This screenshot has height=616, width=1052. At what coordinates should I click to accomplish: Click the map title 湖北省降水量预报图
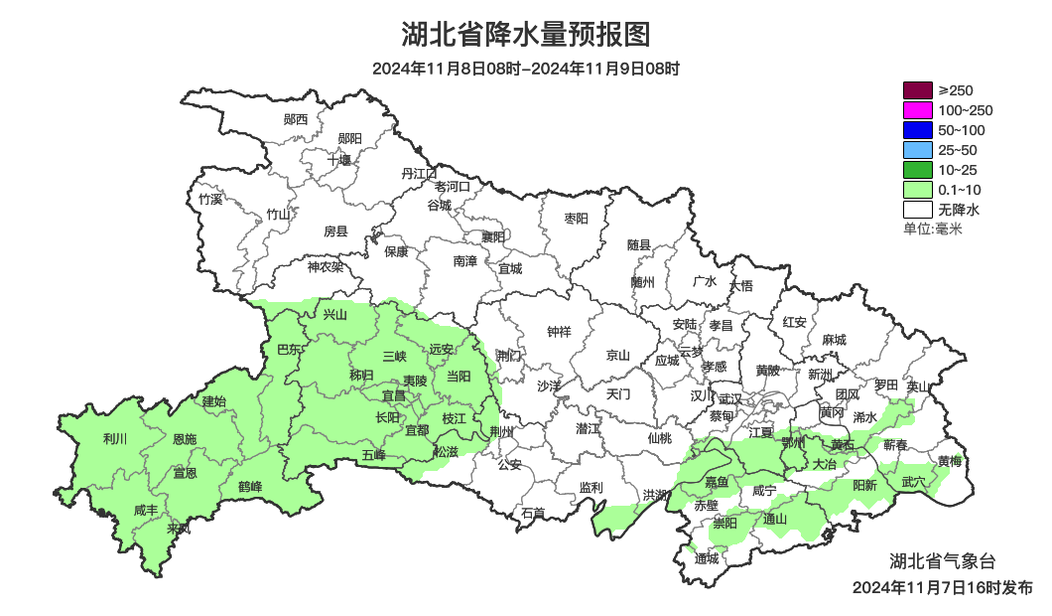[x=526, y=35]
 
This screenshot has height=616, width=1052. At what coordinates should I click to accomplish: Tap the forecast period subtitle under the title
[x=526, y=69]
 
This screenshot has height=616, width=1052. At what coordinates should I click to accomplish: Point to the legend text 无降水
[x=959, y=210]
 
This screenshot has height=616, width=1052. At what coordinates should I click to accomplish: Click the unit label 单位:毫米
[x=933, y=230]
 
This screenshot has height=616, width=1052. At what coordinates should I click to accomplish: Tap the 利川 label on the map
[x=115, y=438]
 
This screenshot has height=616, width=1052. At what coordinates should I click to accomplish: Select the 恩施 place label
[x=185, y=439]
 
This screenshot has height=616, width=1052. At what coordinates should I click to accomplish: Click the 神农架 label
[x=325, y=266]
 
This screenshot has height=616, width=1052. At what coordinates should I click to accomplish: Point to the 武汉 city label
[x=730, y=397]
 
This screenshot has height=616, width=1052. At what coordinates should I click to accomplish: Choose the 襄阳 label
[x=492, y=236]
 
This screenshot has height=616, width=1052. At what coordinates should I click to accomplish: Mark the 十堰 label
[x=339, y=160]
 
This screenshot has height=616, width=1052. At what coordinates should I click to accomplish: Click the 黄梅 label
[x=950, y=461]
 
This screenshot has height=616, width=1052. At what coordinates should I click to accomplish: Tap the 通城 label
[x=707, y=558]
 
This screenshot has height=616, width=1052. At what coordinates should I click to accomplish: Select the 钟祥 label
[x=560, y=332]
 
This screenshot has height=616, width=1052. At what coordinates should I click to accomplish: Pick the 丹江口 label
[x=419, y=173]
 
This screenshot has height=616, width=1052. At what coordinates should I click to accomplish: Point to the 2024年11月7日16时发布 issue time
[x=942, y=587]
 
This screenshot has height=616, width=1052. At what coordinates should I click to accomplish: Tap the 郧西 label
[x=296, y=120]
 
